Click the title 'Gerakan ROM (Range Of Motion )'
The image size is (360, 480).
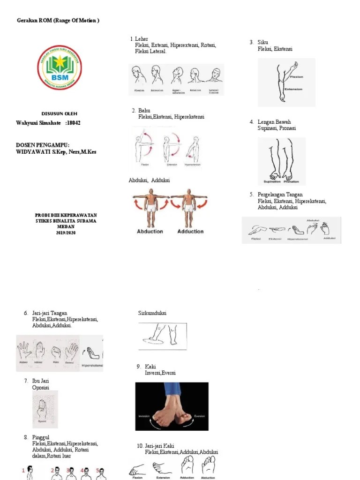pyautogui.click(x=58, y=21)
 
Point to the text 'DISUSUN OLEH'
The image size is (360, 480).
pyautogui.click(x=60, y=114)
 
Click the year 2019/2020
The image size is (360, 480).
pyautogui.click(x=66, y=232)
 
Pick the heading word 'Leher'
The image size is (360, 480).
pyautogui.click(x=141, y=39)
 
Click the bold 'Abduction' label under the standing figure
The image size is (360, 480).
pyautogui.click(x=150, y=232)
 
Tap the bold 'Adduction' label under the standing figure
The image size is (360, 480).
pyautogui.click(x=190, y=232)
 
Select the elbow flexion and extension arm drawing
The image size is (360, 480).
pyautogui.click(x=286, y=82)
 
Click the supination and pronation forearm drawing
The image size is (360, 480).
pyautogui.click(x=281, y=161)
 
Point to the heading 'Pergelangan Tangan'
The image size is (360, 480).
pyautogui.click(x=280, y=195)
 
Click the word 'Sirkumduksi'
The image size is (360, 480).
pyautogui.click(x=152, y=313)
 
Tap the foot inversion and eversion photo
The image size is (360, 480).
pyautogui.click(x=172, y=406)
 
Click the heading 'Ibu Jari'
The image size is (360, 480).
pyautogui.click(x=40, y=381)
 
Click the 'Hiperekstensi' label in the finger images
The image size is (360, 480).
pyautogui.click(x=92, y=366)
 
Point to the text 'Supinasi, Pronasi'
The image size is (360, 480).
pyautogui.click(x=277, y=128)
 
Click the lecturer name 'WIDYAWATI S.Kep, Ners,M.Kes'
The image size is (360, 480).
pyautogui.click(x=56, y=152)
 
